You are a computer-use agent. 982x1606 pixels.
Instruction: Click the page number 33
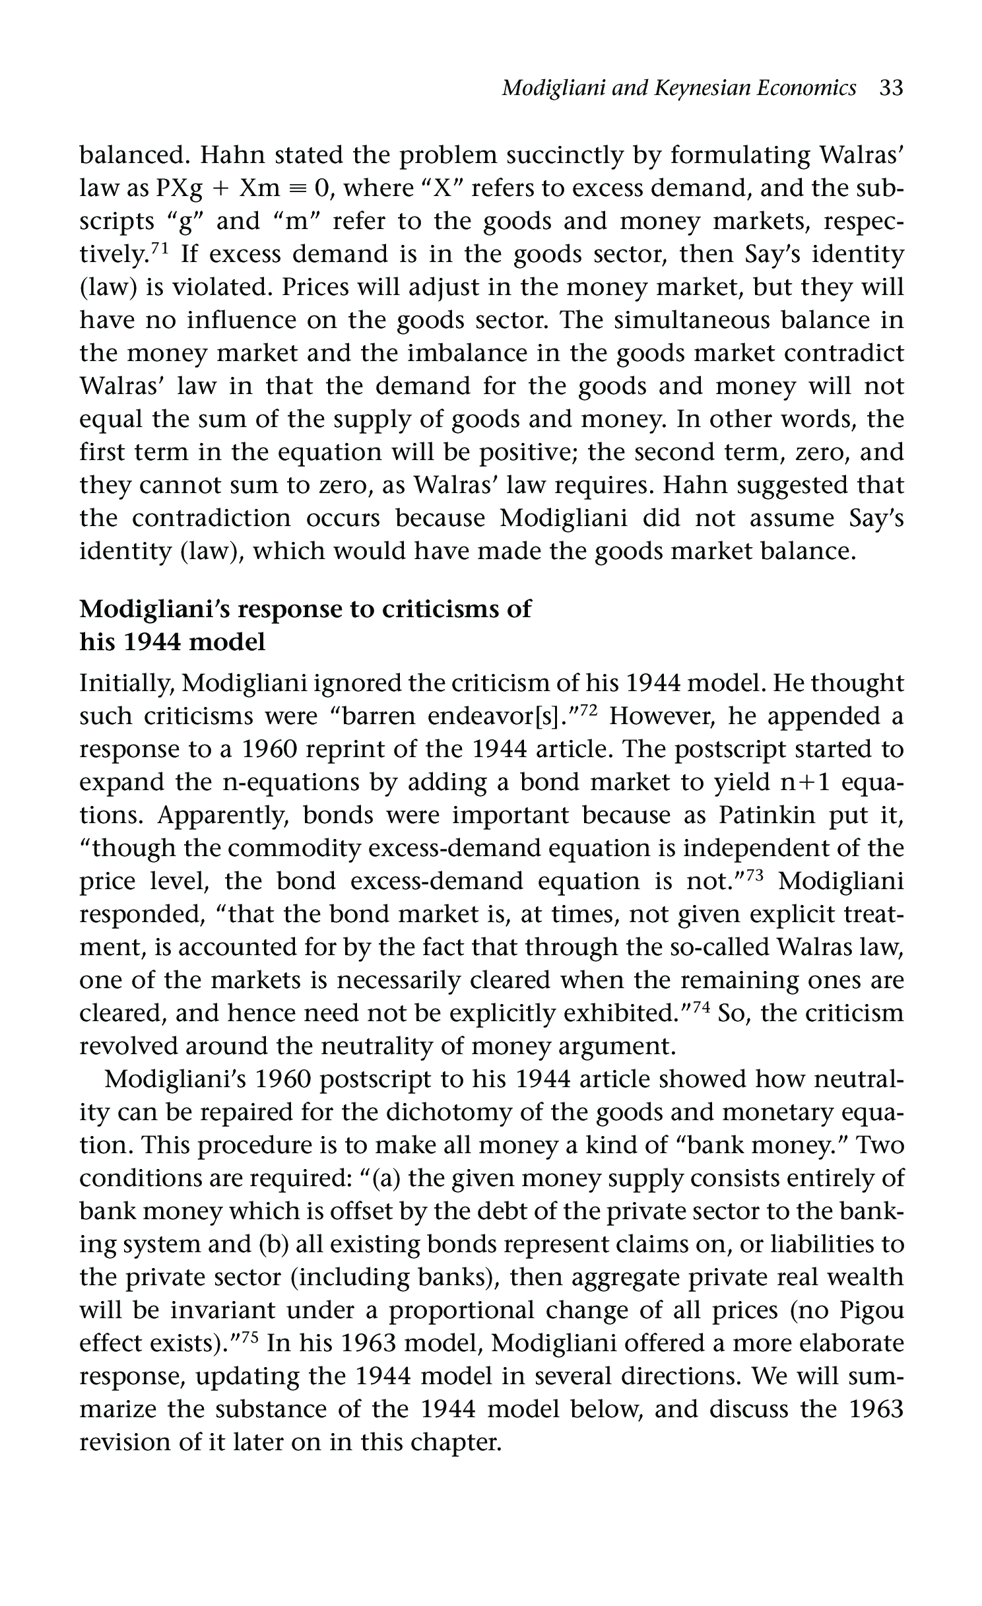890,88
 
